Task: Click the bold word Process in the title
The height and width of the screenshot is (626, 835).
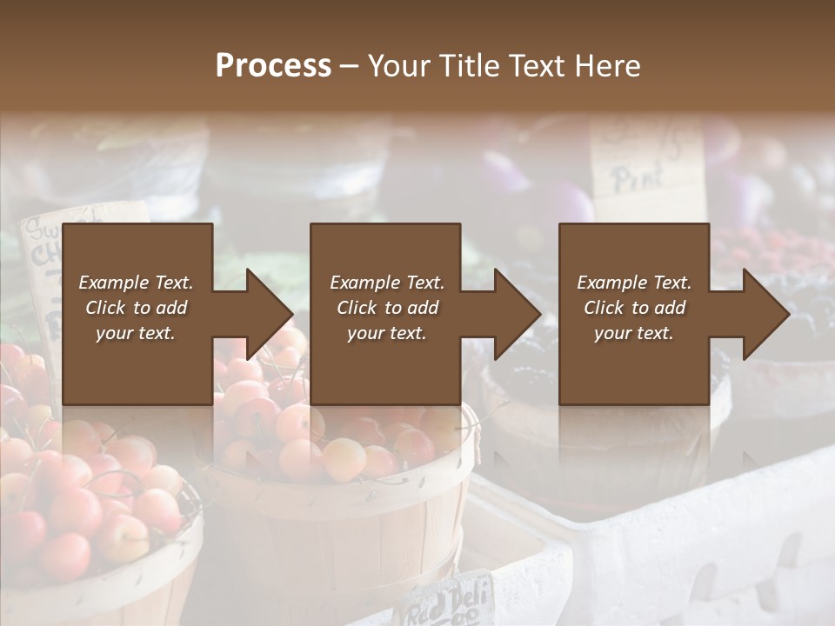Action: coord(273,66)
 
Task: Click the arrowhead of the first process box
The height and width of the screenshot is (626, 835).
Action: coord(270,314)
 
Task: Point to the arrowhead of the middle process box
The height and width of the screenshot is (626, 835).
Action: coord(518,314)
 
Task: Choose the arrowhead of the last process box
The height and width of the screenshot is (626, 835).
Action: coord(766,314)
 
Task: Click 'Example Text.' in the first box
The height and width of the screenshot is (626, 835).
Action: coord(136,283)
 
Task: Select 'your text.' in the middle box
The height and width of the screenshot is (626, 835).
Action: coord(387,333)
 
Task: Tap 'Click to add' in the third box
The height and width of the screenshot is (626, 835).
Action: coord(634,308)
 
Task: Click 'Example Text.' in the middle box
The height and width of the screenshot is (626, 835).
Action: coord(387,283)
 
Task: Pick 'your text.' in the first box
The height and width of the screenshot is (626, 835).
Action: coord(136,333)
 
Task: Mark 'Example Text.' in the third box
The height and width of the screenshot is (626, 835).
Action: coord(634,283)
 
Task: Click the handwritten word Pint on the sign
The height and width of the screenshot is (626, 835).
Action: coord(639,179)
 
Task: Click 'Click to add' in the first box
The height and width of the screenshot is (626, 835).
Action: coord(136,308)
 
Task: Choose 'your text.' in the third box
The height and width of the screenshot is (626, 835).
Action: coord(634,333)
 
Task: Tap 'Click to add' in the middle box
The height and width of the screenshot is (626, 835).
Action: coord(387,308)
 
